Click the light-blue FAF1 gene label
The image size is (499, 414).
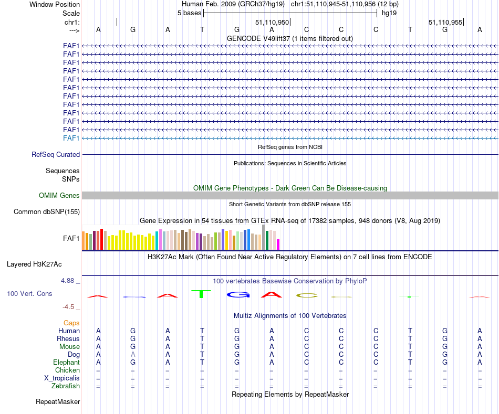coord(71,138)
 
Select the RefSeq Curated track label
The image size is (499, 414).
coord(56,155)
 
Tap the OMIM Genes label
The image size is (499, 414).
coord(59,196)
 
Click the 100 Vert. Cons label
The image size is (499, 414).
coord(29,294)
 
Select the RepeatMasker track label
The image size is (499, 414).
coord(58,402)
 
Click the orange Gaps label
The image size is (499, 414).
coord(71,323)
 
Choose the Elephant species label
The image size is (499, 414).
coord(66,363)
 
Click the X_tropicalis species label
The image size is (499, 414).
coord(62,378)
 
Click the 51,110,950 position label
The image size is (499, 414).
coord(272,23)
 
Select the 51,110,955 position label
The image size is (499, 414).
coord(445,23)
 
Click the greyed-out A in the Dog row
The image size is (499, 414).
coord(133,355)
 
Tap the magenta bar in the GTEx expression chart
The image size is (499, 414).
coord(278,245)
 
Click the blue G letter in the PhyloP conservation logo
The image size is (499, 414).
coord(237,295)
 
